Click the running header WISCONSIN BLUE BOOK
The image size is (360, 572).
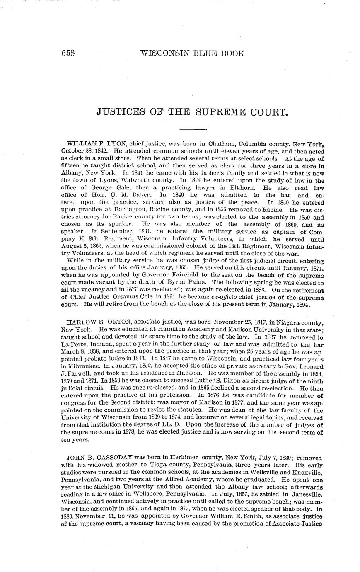(x=192, y=53)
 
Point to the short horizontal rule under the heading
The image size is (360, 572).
(x=193, y=128)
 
